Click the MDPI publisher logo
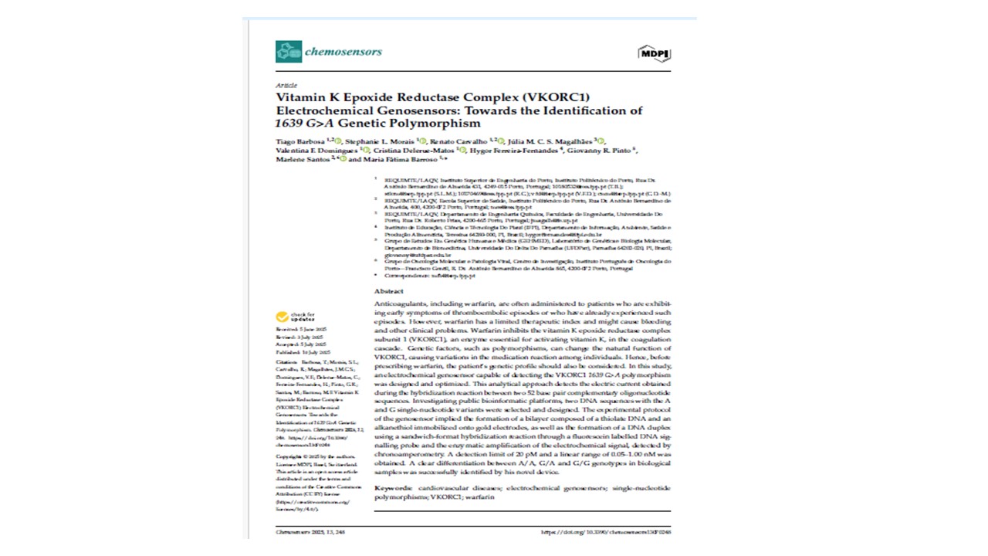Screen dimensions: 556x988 (655, 53)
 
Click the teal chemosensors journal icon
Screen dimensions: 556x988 (289, 52)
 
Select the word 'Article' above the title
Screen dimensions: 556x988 (286, 85)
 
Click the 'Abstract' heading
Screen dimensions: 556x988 (389, 291)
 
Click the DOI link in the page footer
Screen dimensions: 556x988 (606, 532)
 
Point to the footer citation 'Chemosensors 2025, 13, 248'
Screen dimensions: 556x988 (310, 532)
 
